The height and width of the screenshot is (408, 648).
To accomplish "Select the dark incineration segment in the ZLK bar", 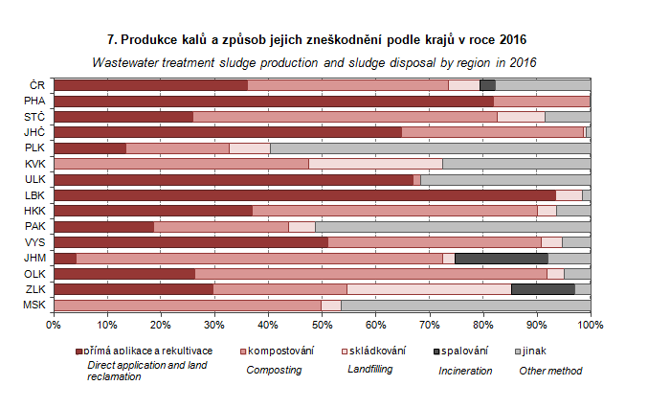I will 543,289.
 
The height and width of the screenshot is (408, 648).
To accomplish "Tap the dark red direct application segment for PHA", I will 274,101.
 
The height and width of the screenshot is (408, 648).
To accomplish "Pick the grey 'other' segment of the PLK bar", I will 430,147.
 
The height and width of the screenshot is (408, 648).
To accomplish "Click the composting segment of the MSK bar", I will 187,305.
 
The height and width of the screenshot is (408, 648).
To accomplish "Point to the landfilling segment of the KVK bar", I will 375,164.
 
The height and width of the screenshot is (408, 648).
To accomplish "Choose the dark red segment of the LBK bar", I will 318,194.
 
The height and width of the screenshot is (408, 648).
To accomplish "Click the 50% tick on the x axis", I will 323,326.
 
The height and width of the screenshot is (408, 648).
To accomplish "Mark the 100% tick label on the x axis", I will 590,326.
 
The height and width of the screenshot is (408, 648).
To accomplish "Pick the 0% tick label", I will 54,326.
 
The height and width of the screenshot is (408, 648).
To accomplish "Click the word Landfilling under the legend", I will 369,370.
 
